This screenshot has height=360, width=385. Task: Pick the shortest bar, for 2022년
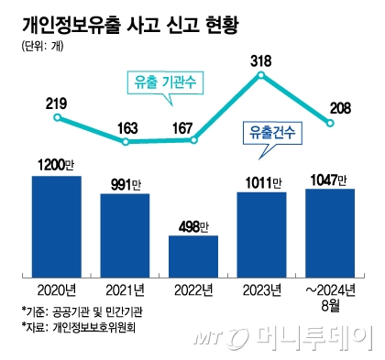point(193,256)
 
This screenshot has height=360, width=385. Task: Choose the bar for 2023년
point(261,234)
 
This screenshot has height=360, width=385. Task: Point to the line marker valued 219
point(57,117)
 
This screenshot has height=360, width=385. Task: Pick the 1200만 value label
point(56,164)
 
